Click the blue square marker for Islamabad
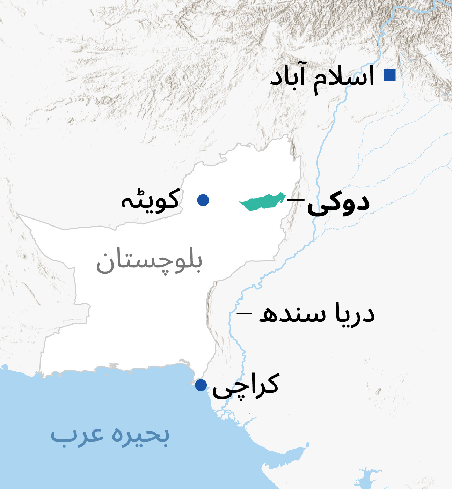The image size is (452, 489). click(x=389, y=75)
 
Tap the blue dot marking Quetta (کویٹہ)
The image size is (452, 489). click(x=203, y=200)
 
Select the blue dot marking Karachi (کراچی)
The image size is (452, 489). click(x=201, y=385)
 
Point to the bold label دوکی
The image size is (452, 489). click(x=338, y=204)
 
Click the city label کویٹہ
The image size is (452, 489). click(x=150, y=200)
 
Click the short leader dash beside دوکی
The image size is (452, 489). click(x=296, y=200)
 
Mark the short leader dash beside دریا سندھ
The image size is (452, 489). click(x=244, y=313)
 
